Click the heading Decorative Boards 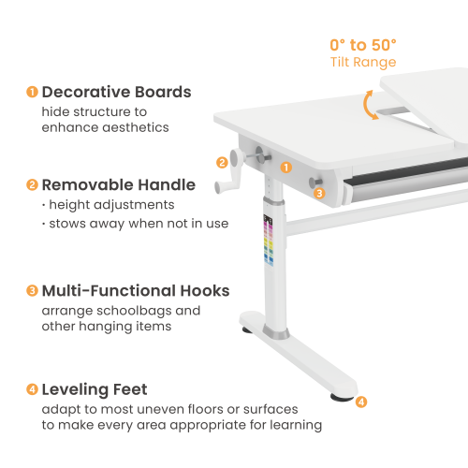pos(116,92)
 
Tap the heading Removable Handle pos(118,184)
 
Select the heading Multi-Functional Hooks pos(136,291)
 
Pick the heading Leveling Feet pos(95,388)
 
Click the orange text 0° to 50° pos(363,45)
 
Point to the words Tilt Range pos(363,63)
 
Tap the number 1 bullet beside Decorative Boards pos(32,92)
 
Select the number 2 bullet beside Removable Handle pos(32,184)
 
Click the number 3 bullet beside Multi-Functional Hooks pos(32,291)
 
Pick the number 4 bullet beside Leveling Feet pos(32,388)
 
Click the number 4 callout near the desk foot pos(361,402)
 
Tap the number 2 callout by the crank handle pos(222,162)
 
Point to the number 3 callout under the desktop pos(318,194)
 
